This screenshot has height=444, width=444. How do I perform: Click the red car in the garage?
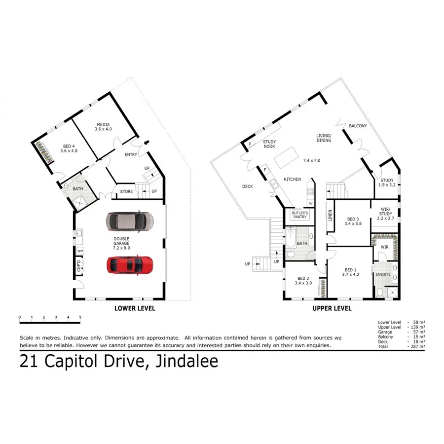click(130, 265)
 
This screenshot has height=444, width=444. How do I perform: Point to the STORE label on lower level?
click(126, 191)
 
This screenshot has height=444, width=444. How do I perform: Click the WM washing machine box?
click(80, 251)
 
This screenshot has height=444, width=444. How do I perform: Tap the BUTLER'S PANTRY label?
click(299, 215)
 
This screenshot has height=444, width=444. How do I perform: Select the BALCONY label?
click(358, 126)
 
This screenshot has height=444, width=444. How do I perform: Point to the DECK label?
click(248, 186)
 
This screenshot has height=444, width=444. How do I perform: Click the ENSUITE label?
click(383, 274)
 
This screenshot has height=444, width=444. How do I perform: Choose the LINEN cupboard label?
click(330, 215)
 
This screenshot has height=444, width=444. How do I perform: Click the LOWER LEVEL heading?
click(135, 308)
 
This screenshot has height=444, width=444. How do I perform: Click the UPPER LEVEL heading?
click(332, 308)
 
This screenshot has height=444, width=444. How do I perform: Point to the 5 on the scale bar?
click(80, 317)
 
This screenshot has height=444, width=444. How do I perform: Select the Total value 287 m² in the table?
click(417, 347)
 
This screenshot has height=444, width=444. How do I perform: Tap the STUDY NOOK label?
click(269, 144)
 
